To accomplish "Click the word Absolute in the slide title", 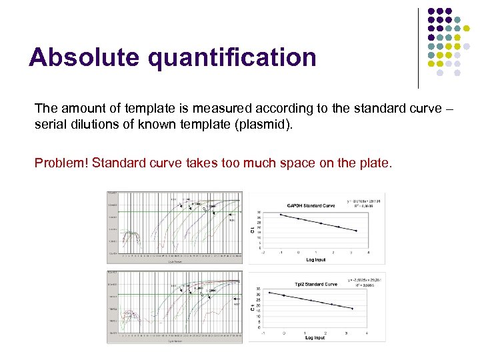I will click(84, 57).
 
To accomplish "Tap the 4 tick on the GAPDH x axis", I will click(368, 253).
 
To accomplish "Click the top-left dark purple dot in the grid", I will click(431, 11).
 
